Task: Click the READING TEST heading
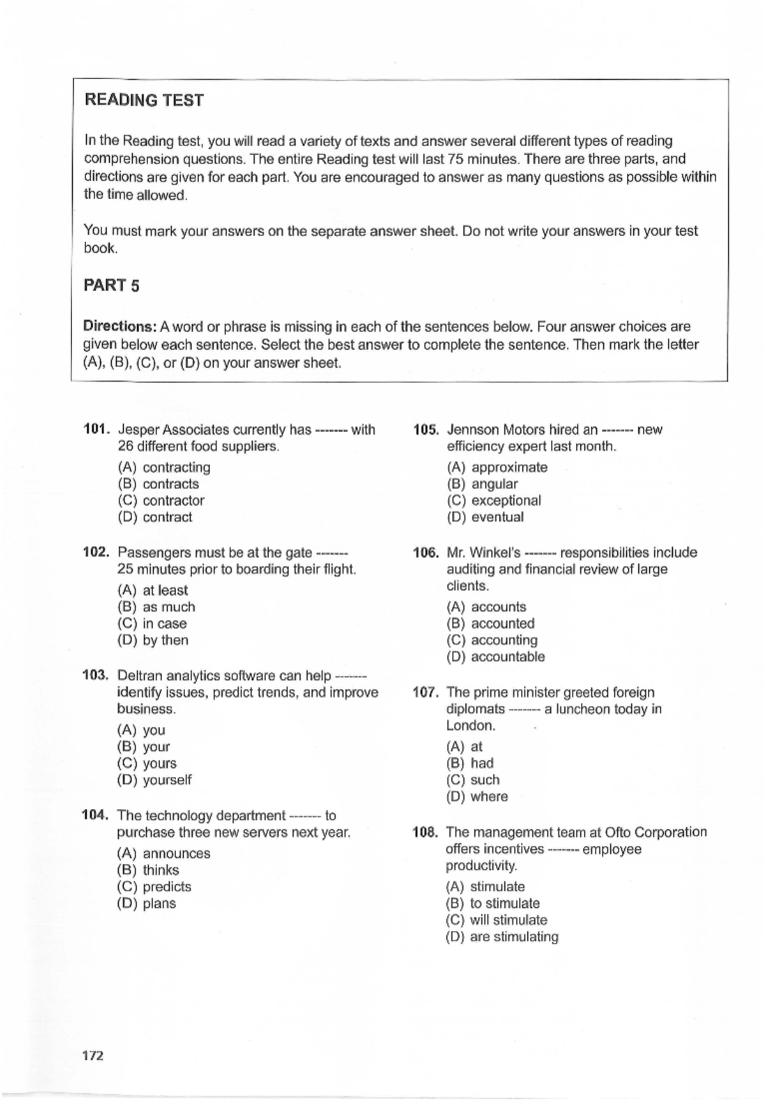144,100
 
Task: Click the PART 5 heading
111,285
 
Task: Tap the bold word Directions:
119,326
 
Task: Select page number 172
93,1055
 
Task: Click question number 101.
98,430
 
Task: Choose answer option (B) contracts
158,484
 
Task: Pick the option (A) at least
153,591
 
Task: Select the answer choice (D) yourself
154,780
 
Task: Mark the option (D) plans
147,903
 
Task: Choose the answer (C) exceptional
494,501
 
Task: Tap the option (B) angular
483,484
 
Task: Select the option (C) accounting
492,640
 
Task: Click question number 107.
425,692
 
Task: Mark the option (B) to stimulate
493,903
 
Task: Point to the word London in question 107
470,725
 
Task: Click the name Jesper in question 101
139,430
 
